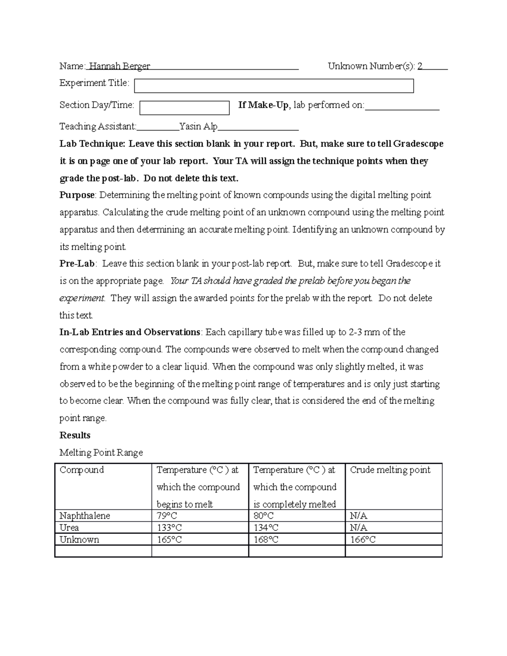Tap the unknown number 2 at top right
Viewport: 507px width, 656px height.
pyautogui.click(x=420, y=66)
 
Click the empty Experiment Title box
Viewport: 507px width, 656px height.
pyautogui.click(x=274, y=86)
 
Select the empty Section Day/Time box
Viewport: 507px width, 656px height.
pyautogui.click(x=184, y=108)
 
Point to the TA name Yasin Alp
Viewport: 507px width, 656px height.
pyautogui.click(x=199, y=126)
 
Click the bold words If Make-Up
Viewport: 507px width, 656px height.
pyautogui.click(x=264, y=105)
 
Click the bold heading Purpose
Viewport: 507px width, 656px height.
pyautogui.click(x=77, y=195)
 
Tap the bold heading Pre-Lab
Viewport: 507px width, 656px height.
pyautogui.click(x=77, y=264)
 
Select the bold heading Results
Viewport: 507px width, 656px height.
pyautogui.click(x=75, y=435)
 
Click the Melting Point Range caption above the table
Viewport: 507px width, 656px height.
pyautogui.click(x=101, y=452)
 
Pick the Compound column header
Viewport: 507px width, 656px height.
pyautogui.click(x=82, y=470)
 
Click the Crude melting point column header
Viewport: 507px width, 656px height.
pyautogui.click(x=390, y=470)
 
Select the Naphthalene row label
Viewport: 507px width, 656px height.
pyautogui.click(x=84, y=516)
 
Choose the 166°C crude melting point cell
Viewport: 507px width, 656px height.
pyautogui.click(x=363, y=539)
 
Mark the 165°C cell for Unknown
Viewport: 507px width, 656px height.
pyautogui.click(x=169, y=539)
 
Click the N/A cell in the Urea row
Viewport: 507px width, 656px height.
pyautogui.click(x=358, y=528)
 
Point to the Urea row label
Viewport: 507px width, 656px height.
pyautogui.click(x=69, y=528)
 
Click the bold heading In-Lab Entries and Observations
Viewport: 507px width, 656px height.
pyautogui.click(x=130, y=332)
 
